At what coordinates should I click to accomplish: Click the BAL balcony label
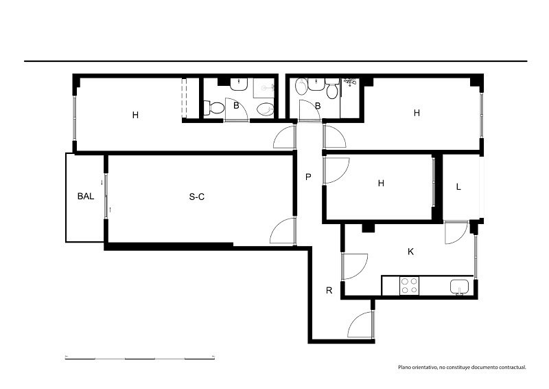86,196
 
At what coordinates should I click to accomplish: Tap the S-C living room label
197,197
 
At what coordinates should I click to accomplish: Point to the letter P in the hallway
308,177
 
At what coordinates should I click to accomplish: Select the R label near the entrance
329,291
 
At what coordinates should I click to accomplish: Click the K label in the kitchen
410,252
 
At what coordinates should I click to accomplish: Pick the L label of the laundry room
458,187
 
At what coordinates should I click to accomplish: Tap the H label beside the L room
382,183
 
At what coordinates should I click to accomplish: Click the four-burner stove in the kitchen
409,285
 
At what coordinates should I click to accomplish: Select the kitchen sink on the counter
460,287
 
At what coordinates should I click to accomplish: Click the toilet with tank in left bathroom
213,108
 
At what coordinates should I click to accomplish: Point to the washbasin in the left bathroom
239,83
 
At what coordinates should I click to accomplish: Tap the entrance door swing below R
362,324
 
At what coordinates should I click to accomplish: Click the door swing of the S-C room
283,230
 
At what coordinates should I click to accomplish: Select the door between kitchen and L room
456,232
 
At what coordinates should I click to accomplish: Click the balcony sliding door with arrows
106,196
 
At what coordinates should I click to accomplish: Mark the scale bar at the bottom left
140,358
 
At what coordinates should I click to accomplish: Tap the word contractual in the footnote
513,367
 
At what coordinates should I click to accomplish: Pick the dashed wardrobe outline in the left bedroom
184,98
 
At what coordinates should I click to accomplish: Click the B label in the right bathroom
318,106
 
